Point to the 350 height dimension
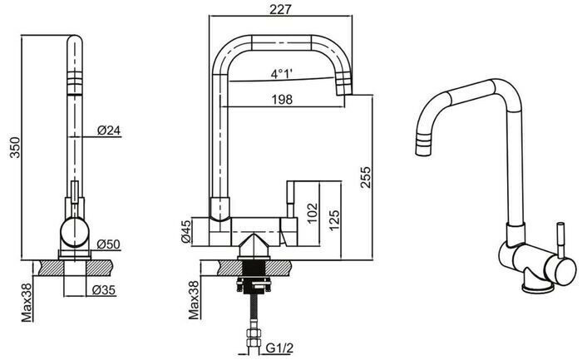[10, 146]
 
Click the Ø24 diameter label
[109, 130]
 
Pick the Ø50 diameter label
[109, 244]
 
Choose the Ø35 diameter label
[104, 290]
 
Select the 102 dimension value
[310, 211]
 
